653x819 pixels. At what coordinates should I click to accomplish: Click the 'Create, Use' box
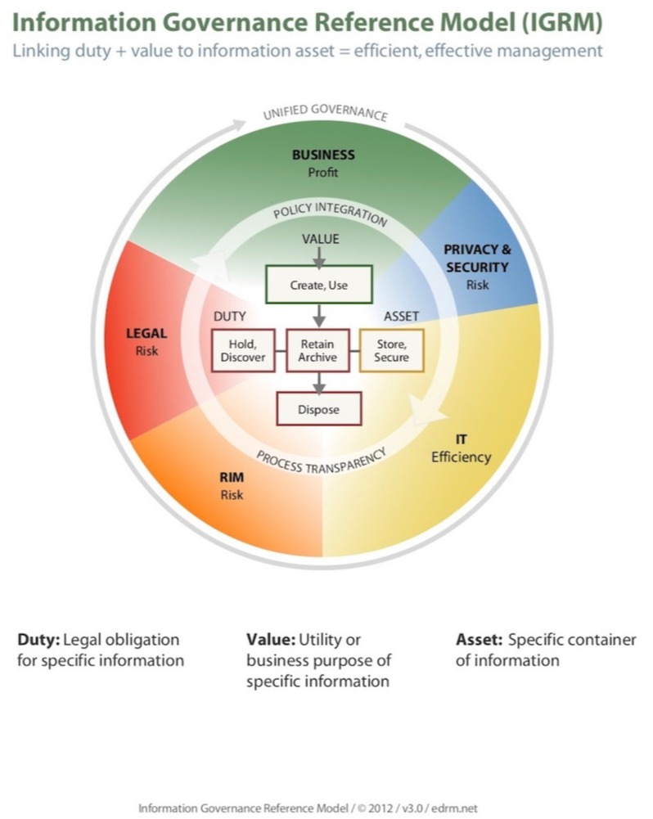point(318,285)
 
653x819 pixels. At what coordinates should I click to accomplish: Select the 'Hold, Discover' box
point(242,350)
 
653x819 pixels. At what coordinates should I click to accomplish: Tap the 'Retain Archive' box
point(317,350)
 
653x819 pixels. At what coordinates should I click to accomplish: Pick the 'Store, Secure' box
point(391,350)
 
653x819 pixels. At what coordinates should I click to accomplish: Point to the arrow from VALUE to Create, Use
point(318,255)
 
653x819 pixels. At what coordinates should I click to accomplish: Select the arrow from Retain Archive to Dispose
point(318,382)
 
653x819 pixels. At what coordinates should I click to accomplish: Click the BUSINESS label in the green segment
point(323,155)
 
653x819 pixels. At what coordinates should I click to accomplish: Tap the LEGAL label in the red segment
point(146,333)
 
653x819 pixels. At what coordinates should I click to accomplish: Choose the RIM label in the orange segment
point(232,479)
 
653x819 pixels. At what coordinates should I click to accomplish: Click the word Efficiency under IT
point(461,457)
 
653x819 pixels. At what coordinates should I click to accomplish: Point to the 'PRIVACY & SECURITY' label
point(476,258)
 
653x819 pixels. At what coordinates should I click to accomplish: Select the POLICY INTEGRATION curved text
point(330,214)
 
